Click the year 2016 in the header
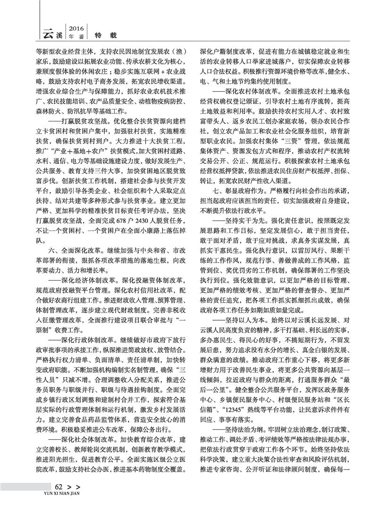(x=77, y=26)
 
